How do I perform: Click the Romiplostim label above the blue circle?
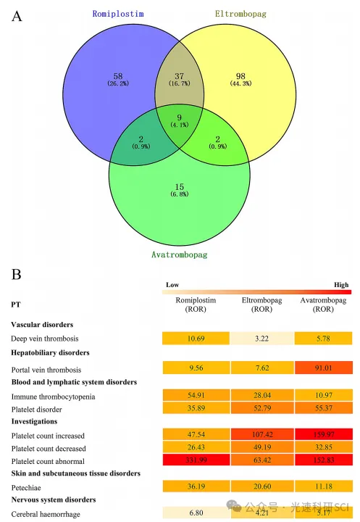tap(118, 14)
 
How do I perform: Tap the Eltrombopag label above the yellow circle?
tap(240, 14)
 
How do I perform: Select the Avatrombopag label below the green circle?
tap(180, 254)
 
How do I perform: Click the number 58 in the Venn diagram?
tap(118, 76)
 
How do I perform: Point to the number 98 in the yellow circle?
tap(240, 76)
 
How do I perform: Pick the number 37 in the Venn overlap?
tap(180, 76)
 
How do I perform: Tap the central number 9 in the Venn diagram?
tap(180, 117)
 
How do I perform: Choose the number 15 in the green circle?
tap(180, 187)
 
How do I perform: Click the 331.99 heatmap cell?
tap(196, 460)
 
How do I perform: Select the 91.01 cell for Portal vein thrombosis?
tap(323, 368)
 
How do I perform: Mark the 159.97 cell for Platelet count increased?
tap(323, 434)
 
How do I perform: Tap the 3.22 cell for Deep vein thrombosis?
tap(261, 339)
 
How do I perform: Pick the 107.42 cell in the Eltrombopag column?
tap(262, 434)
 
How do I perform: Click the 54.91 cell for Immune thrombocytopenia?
tap(196, 395)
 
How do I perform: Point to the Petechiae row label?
tap(26, 488)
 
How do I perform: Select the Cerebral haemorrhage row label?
tap(46, 514)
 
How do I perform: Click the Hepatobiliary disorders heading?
tap(50, 352)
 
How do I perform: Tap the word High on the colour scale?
tap(341, 285)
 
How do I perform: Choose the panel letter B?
tap(17, 274)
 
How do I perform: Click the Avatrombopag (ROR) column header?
tap(323, 304)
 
